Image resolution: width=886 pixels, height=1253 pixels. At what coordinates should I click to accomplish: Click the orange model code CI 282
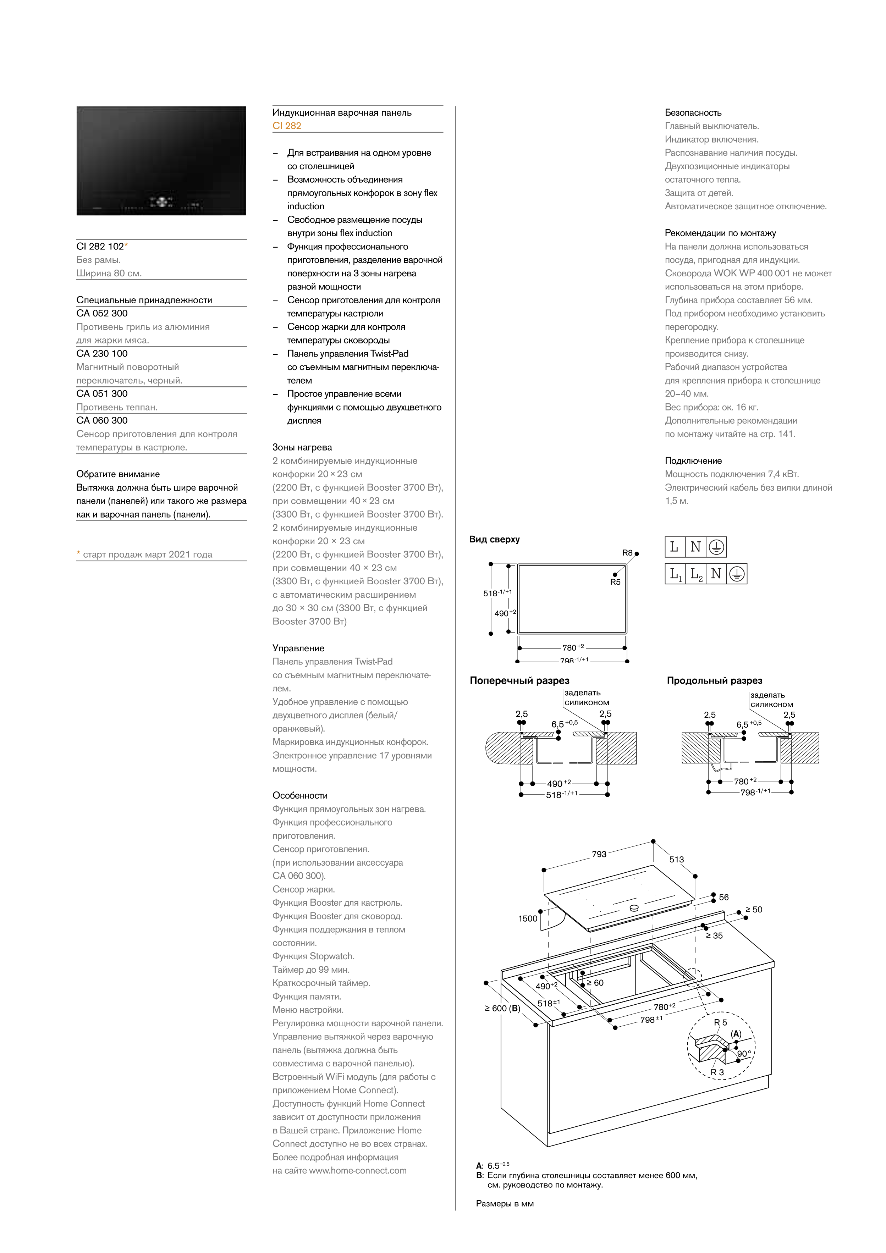[x=287, y=126]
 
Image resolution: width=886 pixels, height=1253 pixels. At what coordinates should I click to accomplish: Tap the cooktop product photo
[x=161, y=160]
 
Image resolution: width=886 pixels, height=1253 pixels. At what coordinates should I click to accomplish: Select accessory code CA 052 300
[x=102, y=313]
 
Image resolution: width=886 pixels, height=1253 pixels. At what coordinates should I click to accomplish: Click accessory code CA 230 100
[x=102, y=354]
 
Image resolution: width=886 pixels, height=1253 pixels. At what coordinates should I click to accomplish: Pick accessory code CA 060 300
[x=102, y=420]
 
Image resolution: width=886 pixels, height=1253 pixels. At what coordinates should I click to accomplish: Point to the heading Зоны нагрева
[x=302, y=447]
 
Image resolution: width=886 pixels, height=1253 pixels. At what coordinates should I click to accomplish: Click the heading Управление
[x=298, y=648]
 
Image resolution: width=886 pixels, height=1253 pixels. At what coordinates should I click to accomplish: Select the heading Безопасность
[x=693, y=112]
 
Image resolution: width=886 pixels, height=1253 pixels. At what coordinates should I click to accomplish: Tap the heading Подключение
[x=693, y=460]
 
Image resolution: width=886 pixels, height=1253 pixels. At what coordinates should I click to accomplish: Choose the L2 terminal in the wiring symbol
[x=696, y=574]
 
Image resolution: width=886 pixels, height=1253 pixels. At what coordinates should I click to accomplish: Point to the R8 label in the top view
[x=627, y=553]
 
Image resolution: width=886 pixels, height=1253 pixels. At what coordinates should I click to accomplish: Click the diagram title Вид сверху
[x=494, y=539]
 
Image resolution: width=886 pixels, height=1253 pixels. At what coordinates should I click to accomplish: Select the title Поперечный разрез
[x=519, y=680]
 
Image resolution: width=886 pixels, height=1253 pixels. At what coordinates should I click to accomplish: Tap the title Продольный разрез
[x=714, y=680]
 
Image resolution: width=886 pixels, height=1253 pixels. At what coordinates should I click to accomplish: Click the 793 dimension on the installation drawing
[x=599, y=854]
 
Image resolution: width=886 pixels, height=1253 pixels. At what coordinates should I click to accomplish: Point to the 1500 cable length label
[x=527, y=918]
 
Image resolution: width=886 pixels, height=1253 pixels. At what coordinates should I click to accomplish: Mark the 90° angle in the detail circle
[x=743, y=1053]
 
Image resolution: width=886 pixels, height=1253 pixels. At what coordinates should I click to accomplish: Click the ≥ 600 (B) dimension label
[x=502, y=1008]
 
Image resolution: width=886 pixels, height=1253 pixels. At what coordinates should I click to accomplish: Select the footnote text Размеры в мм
[x=505, y=1203]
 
